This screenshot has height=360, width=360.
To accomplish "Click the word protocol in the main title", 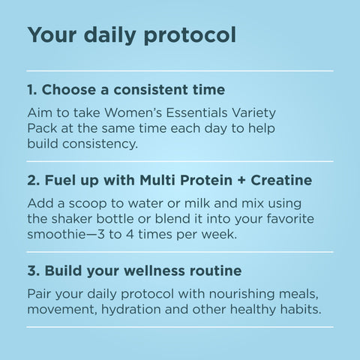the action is pyautogui.click(x=190, y=35).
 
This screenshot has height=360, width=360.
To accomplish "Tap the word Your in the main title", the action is pyautogui.click(x=52, y=34).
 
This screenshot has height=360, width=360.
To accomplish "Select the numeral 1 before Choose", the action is pyautogui.click(x=31, y=90).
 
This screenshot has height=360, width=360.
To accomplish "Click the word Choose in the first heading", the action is pyautogui.click(x=69, y=89).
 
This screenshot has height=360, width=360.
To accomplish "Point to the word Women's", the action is pyautogui.click(x=133, y=112).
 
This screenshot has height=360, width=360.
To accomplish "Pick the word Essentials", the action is pyautogui.click(x=196, y=112).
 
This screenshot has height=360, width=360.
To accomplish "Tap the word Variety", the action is pyautogui.click(x=253, y=113).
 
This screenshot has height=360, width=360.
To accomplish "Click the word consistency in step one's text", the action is pyautogui.click(x=100, y=145).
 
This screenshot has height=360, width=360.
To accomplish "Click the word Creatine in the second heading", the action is pyautogui.click(x=281, y=180).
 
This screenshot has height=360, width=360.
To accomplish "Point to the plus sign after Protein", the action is pyautogui.click(x=241, y=181).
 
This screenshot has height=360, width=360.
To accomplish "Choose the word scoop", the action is pyautogui.click(x=88, y=204).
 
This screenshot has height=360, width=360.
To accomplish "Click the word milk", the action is pyautogui.click(x=197, y=203).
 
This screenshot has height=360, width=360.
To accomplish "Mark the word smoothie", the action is pyautogui.click(x=56, y=234).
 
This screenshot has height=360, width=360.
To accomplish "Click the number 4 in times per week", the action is pyautogui.click(x=130, y=234).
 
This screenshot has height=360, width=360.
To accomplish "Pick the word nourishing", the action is pyautogui.click(x=241, y=294).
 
